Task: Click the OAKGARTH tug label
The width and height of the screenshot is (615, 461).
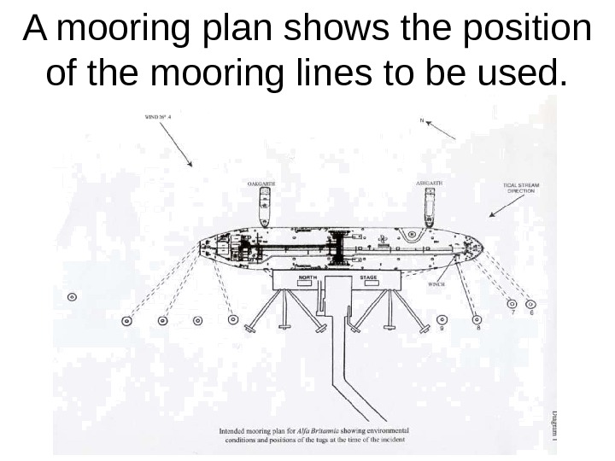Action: tap(261, 184)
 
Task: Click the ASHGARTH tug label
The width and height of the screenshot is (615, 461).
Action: tap(429, 183)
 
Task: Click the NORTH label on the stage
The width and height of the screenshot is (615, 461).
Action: tap(308, 277)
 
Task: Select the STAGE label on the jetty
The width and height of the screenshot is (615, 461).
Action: tap(369, 277)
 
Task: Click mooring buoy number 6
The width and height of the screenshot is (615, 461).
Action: tap(530, 303)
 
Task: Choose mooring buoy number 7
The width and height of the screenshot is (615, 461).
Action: tap(512, 303)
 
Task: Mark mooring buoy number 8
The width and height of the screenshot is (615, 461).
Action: tap(477, 319)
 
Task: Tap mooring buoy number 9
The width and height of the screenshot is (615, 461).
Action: tap(441, 319)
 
